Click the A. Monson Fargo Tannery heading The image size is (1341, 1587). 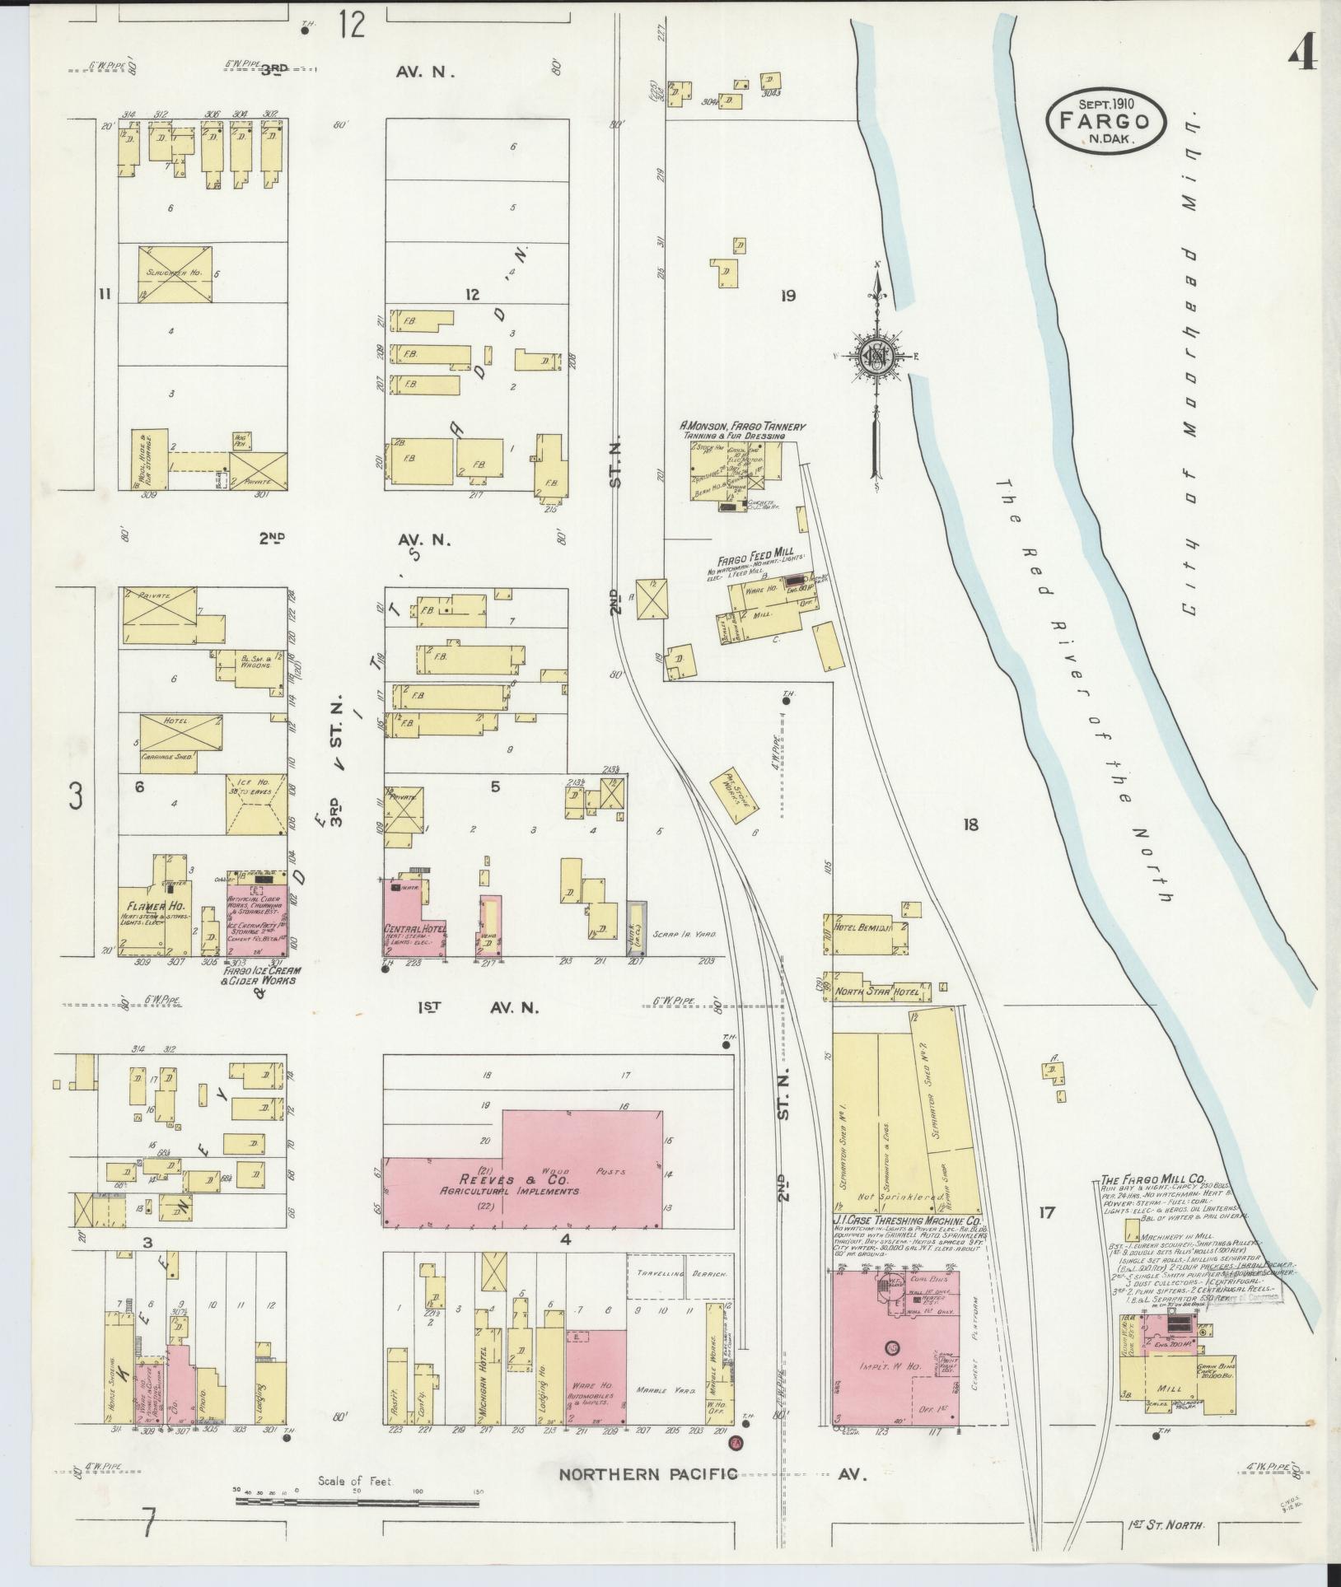click(741, 427)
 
